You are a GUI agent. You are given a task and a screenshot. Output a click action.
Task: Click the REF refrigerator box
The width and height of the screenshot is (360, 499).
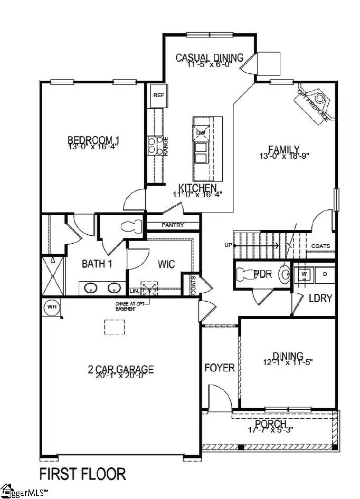[x=158, y=95]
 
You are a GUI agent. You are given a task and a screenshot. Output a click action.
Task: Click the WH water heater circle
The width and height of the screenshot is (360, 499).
[x=52, y=306]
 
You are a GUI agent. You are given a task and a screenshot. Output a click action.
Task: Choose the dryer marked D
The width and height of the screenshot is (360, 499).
[x=325, y=274]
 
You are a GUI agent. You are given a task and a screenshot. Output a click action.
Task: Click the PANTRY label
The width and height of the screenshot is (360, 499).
[x=173, y=225]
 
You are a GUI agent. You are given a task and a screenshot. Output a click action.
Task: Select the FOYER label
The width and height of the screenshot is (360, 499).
[x=219, y=367]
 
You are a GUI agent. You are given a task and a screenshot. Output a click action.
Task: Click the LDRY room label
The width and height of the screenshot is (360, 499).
[x=320, y=298]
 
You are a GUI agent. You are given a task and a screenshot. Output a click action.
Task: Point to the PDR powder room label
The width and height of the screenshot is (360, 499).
[x=262, y=274]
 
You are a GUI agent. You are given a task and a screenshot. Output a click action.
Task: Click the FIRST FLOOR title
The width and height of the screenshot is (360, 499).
[x=83, y=473]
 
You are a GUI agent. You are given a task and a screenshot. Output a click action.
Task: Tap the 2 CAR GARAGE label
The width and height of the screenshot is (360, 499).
[x=120, y=369]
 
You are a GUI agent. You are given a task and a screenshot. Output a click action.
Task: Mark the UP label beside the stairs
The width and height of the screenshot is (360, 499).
[x=228, y=245]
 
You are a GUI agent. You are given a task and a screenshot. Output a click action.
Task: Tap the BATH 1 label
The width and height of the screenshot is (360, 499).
[x=97, y=264]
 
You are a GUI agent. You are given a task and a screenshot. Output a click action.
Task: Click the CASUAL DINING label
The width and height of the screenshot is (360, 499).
[x=209, y=57]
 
